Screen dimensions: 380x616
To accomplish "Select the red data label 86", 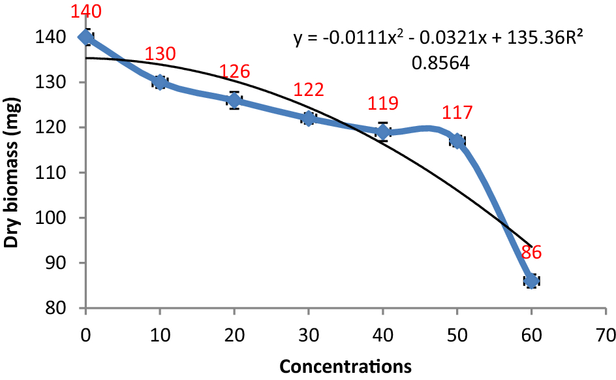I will pos(531,253).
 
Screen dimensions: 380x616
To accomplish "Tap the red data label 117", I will pos(457,113).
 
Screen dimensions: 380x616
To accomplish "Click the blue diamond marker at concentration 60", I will pos(531,281).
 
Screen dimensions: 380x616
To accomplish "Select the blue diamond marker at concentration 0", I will pos(85,37).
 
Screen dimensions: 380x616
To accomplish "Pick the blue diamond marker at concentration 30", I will pos(309,118).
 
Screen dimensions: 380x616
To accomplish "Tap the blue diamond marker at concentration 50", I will pos(457,141).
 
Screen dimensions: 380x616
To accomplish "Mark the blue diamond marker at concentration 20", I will pos(234,101).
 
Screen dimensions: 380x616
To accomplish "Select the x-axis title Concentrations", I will pos(345,366).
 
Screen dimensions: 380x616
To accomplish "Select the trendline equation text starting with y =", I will pos(437,40).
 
